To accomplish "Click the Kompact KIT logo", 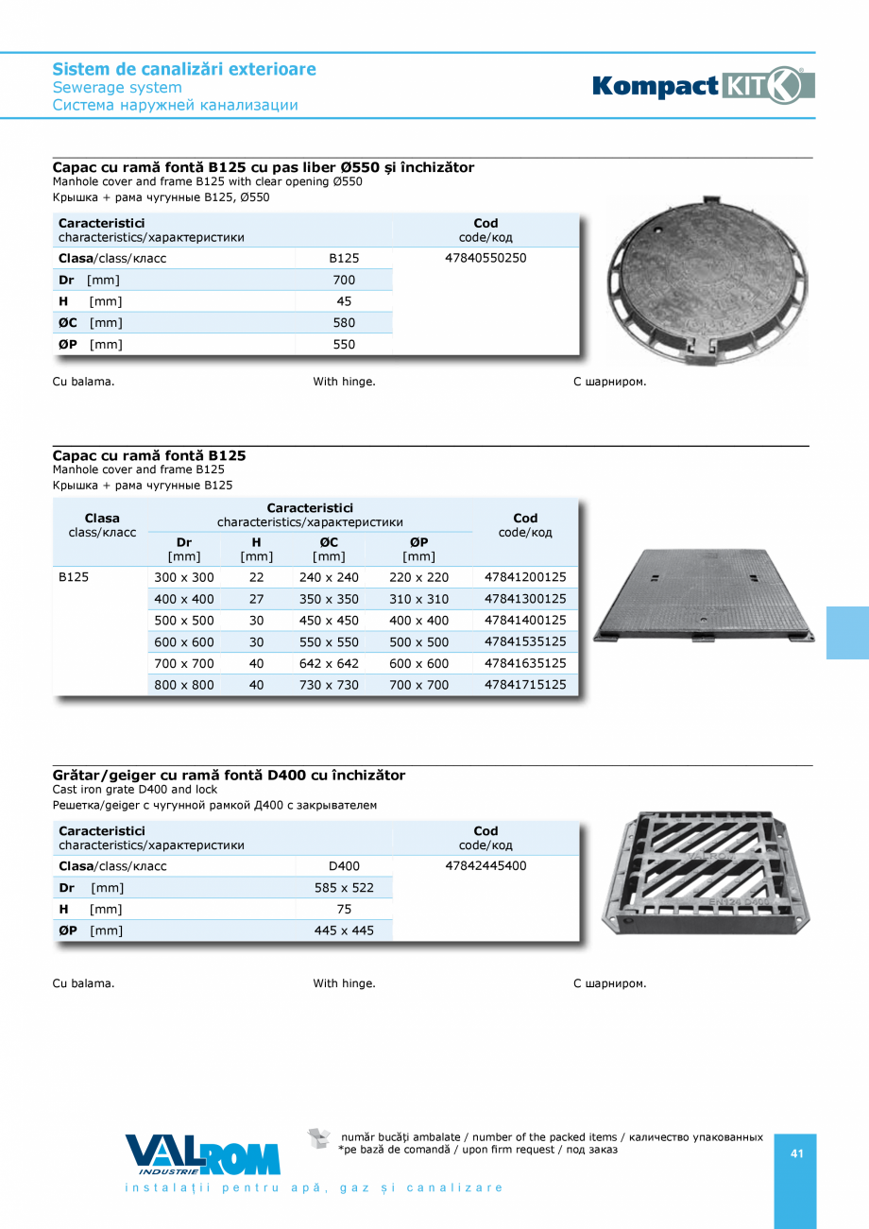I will point(703,85).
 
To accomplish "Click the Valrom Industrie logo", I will point(202,1154).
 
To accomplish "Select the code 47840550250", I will point(486,258).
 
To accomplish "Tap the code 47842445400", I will point(486,866).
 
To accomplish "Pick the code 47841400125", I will point(525,621).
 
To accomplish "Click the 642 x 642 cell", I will point(329,664).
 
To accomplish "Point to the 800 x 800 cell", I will point(184,686).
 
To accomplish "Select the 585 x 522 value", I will point(344,888).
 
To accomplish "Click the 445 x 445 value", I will point(344,931).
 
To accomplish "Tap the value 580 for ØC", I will point(344,323).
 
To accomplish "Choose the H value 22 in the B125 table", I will point(256,577).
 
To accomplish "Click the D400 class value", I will point(344,866).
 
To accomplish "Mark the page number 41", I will point(796,1153).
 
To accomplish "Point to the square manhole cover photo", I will point(703,596).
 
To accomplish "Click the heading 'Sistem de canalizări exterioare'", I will point(184,69).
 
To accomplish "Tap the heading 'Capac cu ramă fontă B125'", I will point(149,455).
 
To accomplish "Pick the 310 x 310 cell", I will point(418,599).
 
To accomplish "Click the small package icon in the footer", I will point(319,1138).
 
